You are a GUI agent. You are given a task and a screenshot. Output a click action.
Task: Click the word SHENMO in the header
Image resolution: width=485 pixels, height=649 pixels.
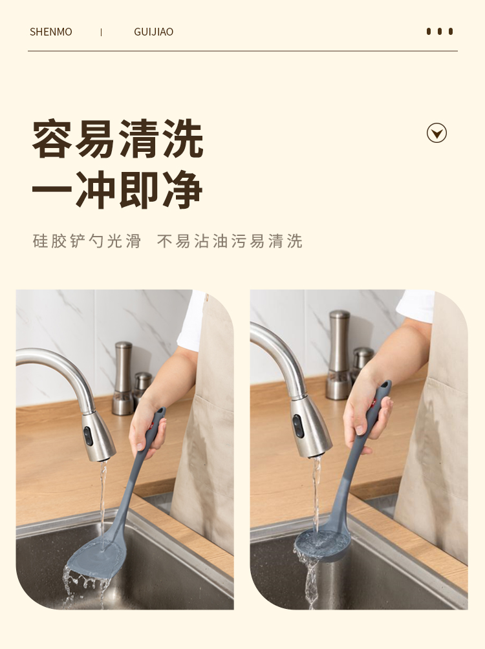point(51,32)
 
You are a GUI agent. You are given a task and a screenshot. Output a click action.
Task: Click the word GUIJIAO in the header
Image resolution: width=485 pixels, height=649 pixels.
point(154,32)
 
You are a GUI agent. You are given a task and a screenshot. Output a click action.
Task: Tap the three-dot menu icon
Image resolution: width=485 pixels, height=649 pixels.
point(440,32)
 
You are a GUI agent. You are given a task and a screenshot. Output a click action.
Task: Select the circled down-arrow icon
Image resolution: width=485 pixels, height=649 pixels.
point(436,133)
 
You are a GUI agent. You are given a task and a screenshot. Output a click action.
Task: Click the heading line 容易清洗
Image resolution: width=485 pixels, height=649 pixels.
point(118,139)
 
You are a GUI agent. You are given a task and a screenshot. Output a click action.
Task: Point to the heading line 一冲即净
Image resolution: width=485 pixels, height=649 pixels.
point(117,189)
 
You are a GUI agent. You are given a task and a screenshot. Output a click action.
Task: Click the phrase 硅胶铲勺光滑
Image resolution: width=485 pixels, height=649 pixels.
point(87,241)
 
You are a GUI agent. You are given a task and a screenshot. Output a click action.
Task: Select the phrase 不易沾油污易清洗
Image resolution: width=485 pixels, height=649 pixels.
point(230,241)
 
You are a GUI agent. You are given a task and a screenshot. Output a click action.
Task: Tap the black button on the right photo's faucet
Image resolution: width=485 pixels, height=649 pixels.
point(298,427)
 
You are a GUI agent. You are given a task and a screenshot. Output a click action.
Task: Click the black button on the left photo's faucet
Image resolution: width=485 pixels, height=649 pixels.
point(88,436)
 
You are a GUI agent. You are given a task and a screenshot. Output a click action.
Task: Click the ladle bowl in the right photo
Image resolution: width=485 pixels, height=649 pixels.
point(321,544)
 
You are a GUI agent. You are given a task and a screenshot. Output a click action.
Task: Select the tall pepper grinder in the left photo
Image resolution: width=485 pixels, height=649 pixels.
point(123,378)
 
